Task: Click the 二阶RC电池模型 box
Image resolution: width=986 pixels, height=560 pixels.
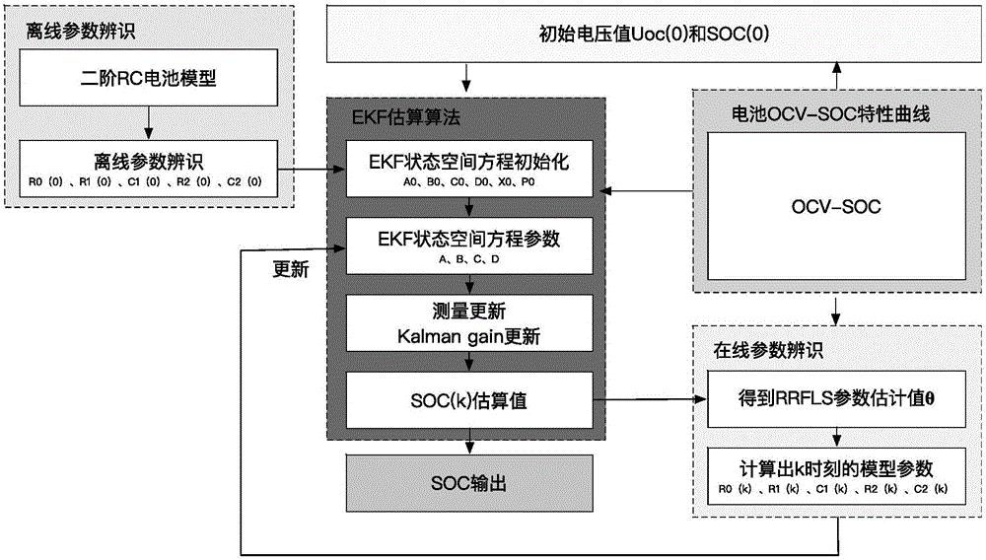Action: (149, 78)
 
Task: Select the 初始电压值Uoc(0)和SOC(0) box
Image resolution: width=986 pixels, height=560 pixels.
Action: (654, 34)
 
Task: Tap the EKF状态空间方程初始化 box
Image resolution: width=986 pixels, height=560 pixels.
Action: (469, 169)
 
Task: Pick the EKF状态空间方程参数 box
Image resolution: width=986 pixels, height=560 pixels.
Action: (469, 245)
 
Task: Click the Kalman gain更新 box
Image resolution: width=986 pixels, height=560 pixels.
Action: (469, 323)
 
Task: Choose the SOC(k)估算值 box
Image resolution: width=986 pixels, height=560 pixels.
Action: (469, 400)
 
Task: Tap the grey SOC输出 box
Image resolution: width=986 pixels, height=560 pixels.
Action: (469, 483)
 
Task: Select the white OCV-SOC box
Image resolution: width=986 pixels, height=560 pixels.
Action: (836, 206)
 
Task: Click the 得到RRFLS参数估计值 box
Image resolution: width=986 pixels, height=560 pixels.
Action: (836, 399)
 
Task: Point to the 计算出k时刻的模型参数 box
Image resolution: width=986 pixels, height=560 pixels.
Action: (836, 476)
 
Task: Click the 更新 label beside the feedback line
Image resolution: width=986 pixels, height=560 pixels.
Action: (291, 269)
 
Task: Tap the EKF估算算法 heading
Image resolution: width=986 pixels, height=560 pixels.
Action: (405, 117)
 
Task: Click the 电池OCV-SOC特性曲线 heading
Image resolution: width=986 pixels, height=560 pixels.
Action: (830, 113)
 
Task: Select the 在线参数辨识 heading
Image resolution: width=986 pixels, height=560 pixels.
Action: (768, 350)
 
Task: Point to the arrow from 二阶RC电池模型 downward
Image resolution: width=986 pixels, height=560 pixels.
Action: (149, 122)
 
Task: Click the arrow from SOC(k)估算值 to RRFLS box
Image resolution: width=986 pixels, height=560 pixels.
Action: (650, 399)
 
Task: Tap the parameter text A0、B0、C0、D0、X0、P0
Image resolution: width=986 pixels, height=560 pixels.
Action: (469, 182)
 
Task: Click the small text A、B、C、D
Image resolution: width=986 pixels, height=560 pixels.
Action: (469, 259)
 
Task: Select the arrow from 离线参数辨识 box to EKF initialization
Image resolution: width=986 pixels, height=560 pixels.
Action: (312, 169)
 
